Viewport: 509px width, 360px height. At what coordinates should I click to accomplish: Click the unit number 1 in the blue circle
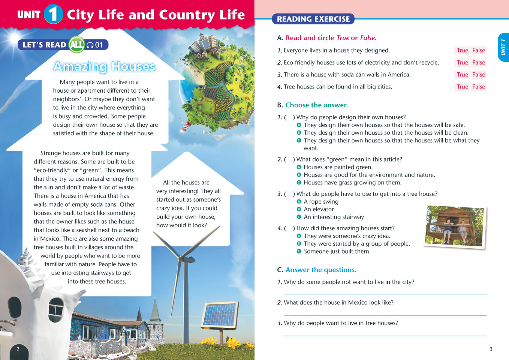point(53,14)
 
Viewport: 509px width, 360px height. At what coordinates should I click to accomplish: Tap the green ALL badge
point(77,45)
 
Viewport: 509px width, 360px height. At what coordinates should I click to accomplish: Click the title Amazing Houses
point(104,66)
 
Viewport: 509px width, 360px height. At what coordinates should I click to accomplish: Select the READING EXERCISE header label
point(313,19)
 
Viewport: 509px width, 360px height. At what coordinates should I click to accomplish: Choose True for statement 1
point(462,50)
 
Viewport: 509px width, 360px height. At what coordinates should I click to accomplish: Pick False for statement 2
point(479,63)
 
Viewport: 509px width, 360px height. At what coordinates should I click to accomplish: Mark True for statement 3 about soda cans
point(462,75)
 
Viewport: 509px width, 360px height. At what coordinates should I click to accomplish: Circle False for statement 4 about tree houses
point(479,87)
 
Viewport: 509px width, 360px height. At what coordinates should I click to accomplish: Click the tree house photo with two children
point(455,226)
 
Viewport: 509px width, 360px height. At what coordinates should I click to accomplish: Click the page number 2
point(18,349)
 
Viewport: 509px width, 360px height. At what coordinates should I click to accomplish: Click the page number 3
point(491,349)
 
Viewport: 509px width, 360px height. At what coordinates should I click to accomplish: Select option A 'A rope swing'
point(321,201)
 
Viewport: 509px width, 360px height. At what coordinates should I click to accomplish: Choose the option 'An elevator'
point(319,209)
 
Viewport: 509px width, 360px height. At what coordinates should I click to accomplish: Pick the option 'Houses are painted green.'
point(338,167)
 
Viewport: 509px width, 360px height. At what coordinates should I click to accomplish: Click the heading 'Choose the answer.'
point(316,105)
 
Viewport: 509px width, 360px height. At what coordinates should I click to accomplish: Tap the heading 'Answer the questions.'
point(321,270)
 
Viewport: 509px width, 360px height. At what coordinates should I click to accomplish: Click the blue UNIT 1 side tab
point(503,47)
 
